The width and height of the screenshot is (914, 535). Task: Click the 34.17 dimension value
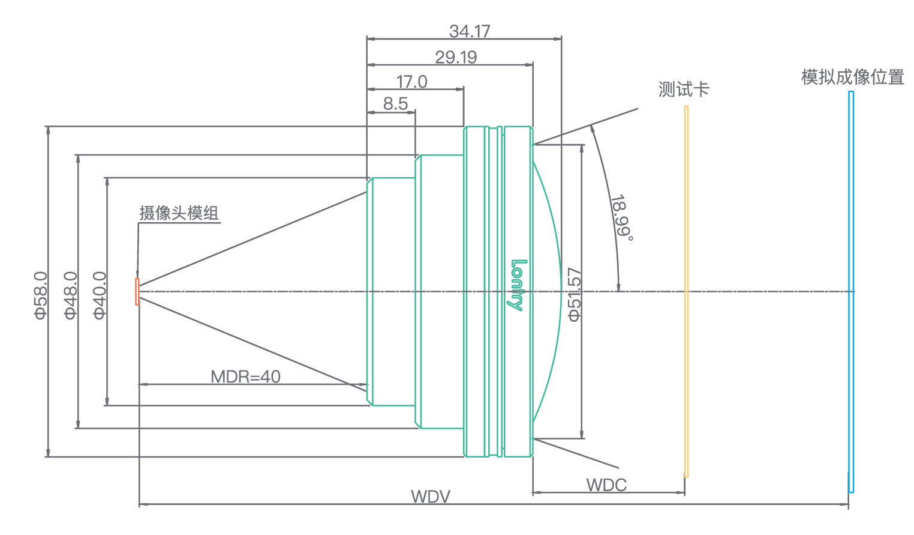pyautogui.click(x=470, y=31)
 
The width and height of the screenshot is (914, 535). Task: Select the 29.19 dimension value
pyautogui.click(x=456, y=58)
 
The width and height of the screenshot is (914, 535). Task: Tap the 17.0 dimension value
pyautogui.click(x=411, y=82)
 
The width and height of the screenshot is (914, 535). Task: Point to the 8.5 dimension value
pyautogui.click(x=395, y=104)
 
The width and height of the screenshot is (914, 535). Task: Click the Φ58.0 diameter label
pyautogui.click(x=40, y=295)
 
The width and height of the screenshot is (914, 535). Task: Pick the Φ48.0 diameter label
pyautogui.click(x=71, y=295)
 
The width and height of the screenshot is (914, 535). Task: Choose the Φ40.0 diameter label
pyautogui.click(x=100, y=295)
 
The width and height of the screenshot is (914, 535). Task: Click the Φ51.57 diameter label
pyautogui.click(x=575, y=295)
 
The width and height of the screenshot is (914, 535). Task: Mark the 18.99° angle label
pyautogui.click(x=621, y=217)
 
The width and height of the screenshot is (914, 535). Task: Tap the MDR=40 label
pyautogui.click(x=245, y=376)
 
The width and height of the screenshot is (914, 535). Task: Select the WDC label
pyautogui.click(x=606, y=485)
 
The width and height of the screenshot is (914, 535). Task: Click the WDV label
pyautogui.click(x=430, y=497)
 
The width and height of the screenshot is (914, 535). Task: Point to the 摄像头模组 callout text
pyautogui.click(x=179, y=213)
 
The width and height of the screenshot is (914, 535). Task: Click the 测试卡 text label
pyautogui.click(x=684, y=90)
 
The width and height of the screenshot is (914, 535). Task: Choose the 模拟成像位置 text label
pyautogui.click(x=852, y=77)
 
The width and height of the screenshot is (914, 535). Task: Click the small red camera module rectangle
pyautogui.click(x=137, y=291)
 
